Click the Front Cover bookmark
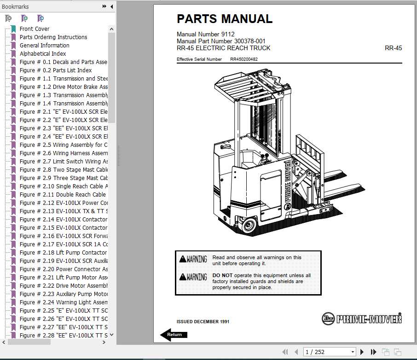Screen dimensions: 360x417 34,29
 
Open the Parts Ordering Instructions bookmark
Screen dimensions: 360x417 53,37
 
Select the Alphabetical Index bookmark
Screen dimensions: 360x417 42,53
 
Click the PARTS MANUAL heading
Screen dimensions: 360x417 225,19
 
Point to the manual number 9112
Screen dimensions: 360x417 227,35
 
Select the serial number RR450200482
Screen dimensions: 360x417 244,59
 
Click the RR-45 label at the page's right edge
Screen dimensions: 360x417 393,48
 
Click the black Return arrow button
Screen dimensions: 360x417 174,335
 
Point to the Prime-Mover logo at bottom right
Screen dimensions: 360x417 362,318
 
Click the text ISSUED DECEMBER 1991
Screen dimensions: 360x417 203,322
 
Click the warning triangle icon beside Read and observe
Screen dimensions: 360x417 183,259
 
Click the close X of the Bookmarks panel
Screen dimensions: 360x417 111,6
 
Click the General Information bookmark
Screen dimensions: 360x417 44,45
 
